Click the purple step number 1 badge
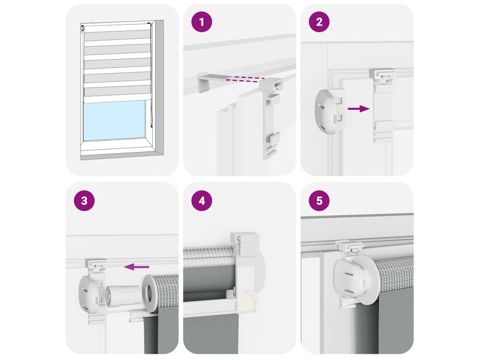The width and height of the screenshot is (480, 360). [202, 22]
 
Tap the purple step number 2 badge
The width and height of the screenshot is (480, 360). [319, 22]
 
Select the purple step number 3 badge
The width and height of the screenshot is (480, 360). [84, 201]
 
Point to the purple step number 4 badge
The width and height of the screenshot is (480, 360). [202, 201]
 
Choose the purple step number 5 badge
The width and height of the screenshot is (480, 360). [319, 201]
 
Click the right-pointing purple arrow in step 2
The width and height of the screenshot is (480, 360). [359, 108]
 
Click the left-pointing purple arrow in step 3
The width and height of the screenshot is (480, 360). [136, 267]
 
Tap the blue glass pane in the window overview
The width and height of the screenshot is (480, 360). [114, 120]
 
